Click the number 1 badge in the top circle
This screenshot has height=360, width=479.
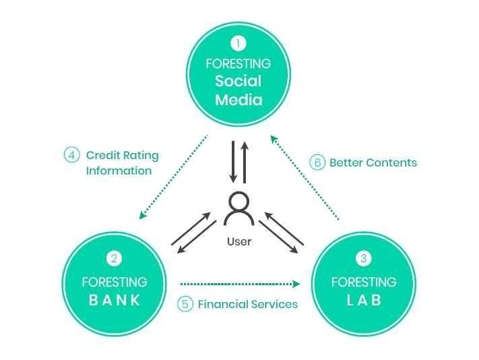[x=238, y=44]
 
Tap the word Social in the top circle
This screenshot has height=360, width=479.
[x=238, y=82]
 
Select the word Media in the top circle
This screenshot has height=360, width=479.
[x=238, y=100]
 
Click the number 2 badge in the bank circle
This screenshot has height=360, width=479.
[x=114, y=259]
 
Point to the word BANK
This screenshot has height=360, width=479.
[x=115, y=300]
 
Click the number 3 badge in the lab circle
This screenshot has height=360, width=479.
[x=364, y=259]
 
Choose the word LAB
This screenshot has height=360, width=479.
[x=364, y=300]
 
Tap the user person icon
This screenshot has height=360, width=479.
[x=238, y=208]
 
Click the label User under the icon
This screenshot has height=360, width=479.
[x=238, y=241]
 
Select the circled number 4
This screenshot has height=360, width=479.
[x=71, y=155]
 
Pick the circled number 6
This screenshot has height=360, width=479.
[x=316, y=162]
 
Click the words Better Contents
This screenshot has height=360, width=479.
[x=373, y=162]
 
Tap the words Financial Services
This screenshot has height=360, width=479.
[x=247, y=304]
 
